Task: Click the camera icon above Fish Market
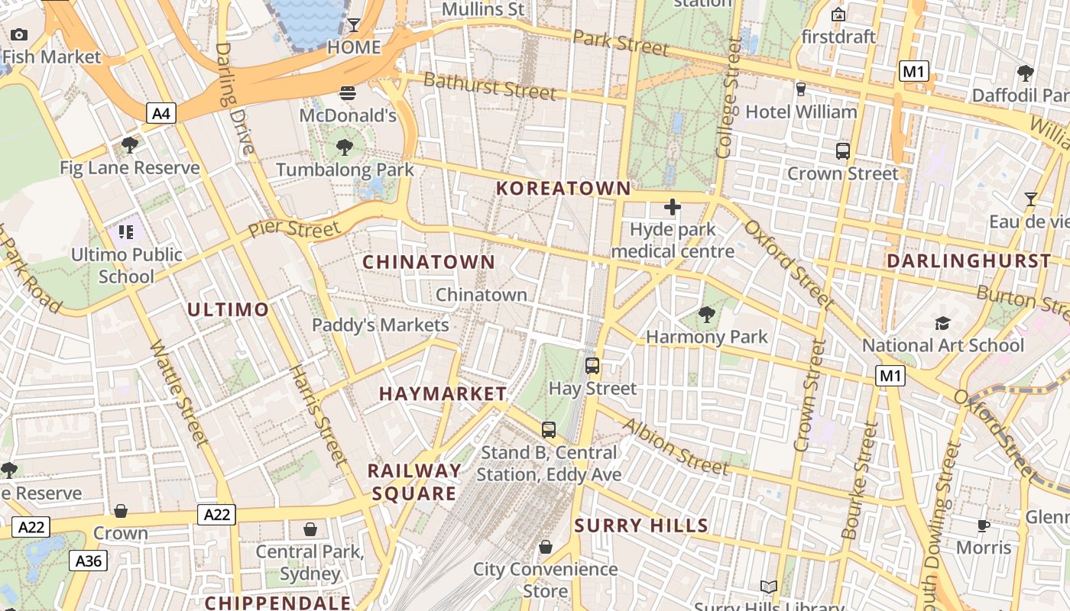(19, 34)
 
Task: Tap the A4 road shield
(161, 114)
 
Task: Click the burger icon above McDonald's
(348, 93)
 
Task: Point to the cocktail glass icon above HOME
(354, 25)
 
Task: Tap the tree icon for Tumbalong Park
(345, 147)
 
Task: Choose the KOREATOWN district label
(564, 189)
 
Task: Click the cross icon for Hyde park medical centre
(673, 207)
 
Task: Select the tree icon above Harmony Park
(707, 314)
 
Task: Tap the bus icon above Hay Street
(592, 365)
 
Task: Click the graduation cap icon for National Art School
(942, 323)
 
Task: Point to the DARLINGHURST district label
(968, 261)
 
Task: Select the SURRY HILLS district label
(641, 525)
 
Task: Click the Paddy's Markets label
(381, 325)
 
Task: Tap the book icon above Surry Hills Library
(769, 587)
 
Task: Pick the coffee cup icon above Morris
(984, 525)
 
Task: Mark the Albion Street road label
(676, 447)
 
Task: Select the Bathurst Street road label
(489, 86)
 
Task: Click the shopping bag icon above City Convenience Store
(546, 547)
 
